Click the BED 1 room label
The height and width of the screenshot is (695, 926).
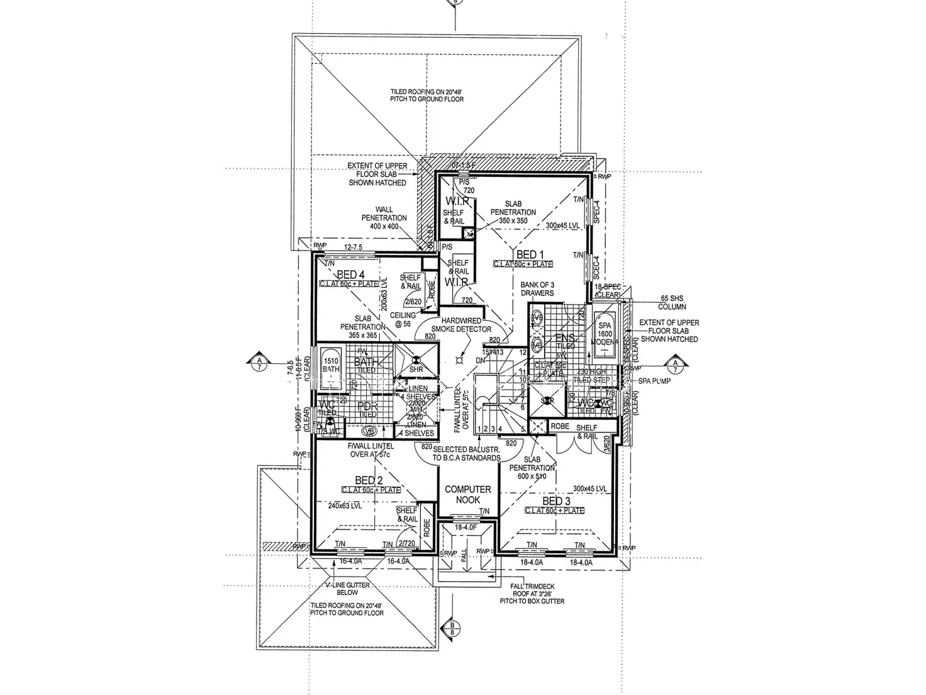click(527, 254)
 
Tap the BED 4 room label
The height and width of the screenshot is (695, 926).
click(350, 274)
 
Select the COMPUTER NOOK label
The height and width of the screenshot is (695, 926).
click(468, 494)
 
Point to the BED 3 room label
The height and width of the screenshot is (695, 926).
click(556, 501)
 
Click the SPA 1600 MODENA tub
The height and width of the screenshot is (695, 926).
click(604, 334)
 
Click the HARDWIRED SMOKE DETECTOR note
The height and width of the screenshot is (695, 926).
click(461, 325)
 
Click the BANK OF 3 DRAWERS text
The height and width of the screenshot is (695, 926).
click(537, 289)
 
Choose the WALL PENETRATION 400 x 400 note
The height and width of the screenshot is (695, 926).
click(384, 218)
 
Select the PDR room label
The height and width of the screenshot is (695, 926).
click(366, 407)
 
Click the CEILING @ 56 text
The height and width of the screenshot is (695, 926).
click(403, 319)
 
